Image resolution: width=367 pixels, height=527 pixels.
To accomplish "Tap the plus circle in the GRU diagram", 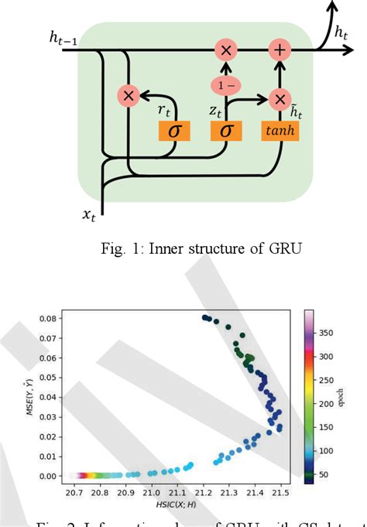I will click(279, 50).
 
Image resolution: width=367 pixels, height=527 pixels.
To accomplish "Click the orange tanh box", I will click(280, 130).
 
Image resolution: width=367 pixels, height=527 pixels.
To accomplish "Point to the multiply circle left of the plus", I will click(226, 50).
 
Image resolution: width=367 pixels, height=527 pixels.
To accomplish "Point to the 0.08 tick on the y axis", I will click(47, 318).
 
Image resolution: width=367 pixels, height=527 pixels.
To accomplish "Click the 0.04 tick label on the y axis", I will click(47, 396).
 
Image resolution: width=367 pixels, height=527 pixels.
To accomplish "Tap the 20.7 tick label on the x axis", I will click(74, 491).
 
